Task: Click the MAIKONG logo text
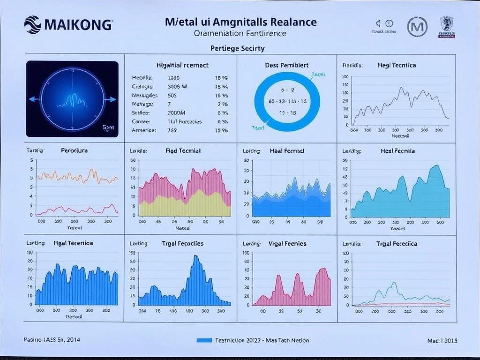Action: [78, 25]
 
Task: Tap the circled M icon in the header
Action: [417, 26]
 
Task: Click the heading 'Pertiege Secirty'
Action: [238, 48]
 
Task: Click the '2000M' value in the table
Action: [176, 112]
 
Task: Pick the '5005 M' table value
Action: [177, 86]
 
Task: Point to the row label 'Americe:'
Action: [143, 130]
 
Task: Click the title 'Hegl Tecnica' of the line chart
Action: [397, 66]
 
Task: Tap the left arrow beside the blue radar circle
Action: [32, 99]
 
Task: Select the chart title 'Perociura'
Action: [74, 151]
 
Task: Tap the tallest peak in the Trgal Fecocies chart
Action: [195, 257]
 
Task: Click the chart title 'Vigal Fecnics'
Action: [287, 244]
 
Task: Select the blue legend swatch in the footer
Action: [204, 340]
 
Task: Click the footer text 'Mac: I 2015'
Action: [442, 341]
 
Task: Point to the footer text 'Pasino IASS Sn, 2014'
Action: [52, 340]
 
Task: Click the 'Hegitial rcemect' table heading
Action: [182, 66]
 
